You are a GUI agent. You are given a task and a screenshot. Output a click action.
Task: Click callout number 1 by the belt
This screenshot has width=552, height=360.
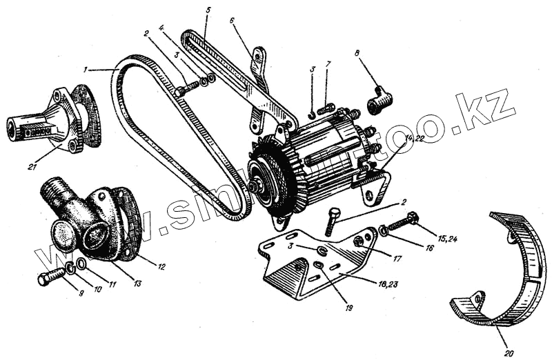point(85,69)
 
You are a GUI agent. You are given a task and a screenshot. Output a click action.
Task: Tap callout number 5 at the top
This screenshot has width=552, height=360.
point(208,10)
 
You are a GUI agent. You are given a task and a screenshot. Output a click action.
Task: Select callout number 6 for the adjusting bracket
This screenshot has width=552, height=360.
point(232,20)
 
